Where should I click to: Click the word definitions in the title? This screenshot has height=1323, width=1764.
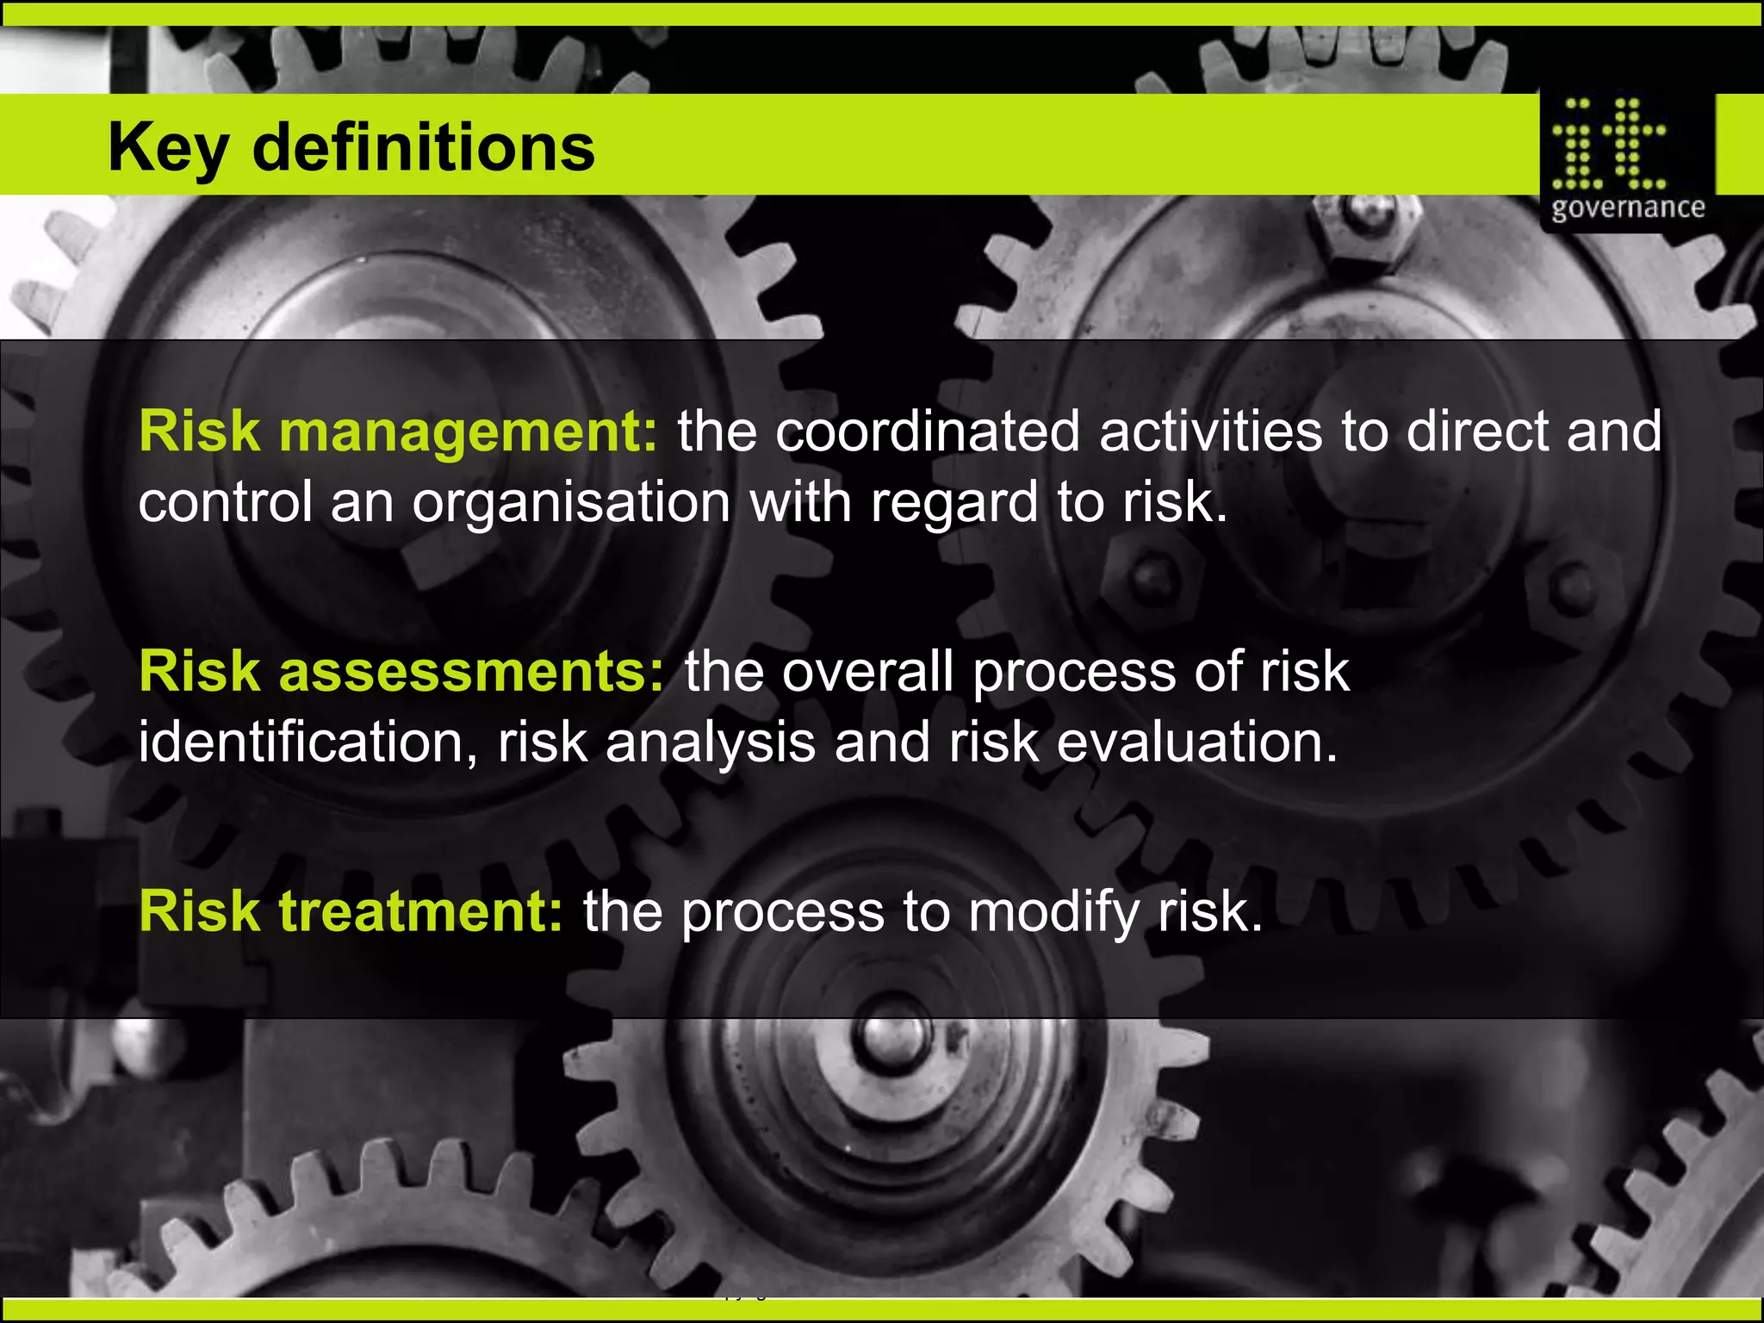pyautogui.click(x=423, y=146)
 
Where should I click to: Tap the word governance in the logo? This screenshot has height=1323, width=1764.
pyautogui.click(x=1628, y=208)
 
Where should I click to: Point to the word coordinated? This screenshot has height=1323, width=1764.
pyautogui.click(x=927, y=431)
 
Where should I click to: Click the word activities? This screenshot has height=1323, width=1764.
pyautogui.click(x=1210, y=431)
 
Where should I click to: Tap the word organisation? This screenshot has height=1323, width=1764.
pyautogui.click(x=571, y=503)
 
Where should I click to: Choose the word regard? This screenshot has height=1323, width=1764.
pyautogui.click(x=953, y=503)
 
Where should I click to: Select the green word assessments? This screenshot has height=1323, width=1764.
pyautogui.click(x=472, y=671)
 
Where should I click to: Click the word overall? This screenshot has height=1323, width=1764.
pyautogui.click(x=867, y=671)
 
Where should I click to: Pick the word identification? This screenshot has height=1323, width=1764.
pyautogui.click(x=308, y=742)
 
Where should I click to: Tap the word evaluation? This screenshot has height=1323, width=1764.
pyautogui.click(x=1197, y=742)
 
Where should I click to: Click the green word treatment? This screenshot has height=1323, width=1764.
pyautogui.click(x=421, y=911)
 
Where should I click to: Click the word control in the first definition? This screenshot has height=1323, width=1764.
pyautogui.click(x=226, y=503)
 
